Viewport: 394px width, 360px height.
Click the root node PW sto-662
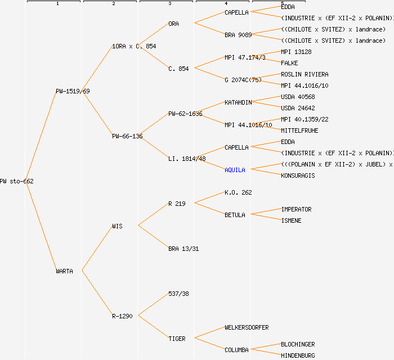(x=17, y=181)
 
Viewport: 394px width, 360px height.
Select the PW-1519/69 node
(x=72, y=91)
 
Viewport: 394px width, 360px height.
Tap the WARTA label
(x=64, y=271)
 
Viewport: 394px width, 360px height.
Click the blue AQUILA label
(x=235, y=170)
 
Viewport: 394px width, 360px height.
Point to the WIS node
(x=117, y=226)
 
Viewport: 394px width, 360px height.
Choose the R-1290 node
(x=122, y=316)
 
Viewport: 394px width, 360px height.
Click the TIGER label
(x=177, y=339)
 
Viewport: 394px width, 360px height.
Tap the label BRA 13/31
(x=183, y=249)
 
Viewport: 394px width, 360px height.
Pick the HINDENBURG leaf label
(x=298, y=355)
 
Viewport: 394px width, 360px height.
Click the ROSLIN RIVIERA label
(x=305, y=74)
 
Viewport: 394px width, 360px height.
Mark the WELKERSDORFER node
(x=247, y=327)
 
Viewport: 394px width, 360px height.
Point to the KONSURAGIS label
(x=298, y=175)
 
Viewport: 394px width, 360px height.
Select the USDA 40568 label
(x=298, y=97)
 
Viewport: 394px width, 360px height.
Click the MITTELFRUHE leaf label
(x=299, y=130)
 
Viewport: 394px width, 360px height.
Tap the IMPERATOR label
(x=296, y=209)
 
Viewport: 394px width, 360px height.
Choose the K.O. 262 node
(x=238, y=192)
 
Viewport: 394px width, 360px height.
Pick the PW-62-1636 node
(x=185, y=114)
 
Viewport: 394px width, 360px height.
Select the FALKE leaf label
(x=289, y=63)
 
